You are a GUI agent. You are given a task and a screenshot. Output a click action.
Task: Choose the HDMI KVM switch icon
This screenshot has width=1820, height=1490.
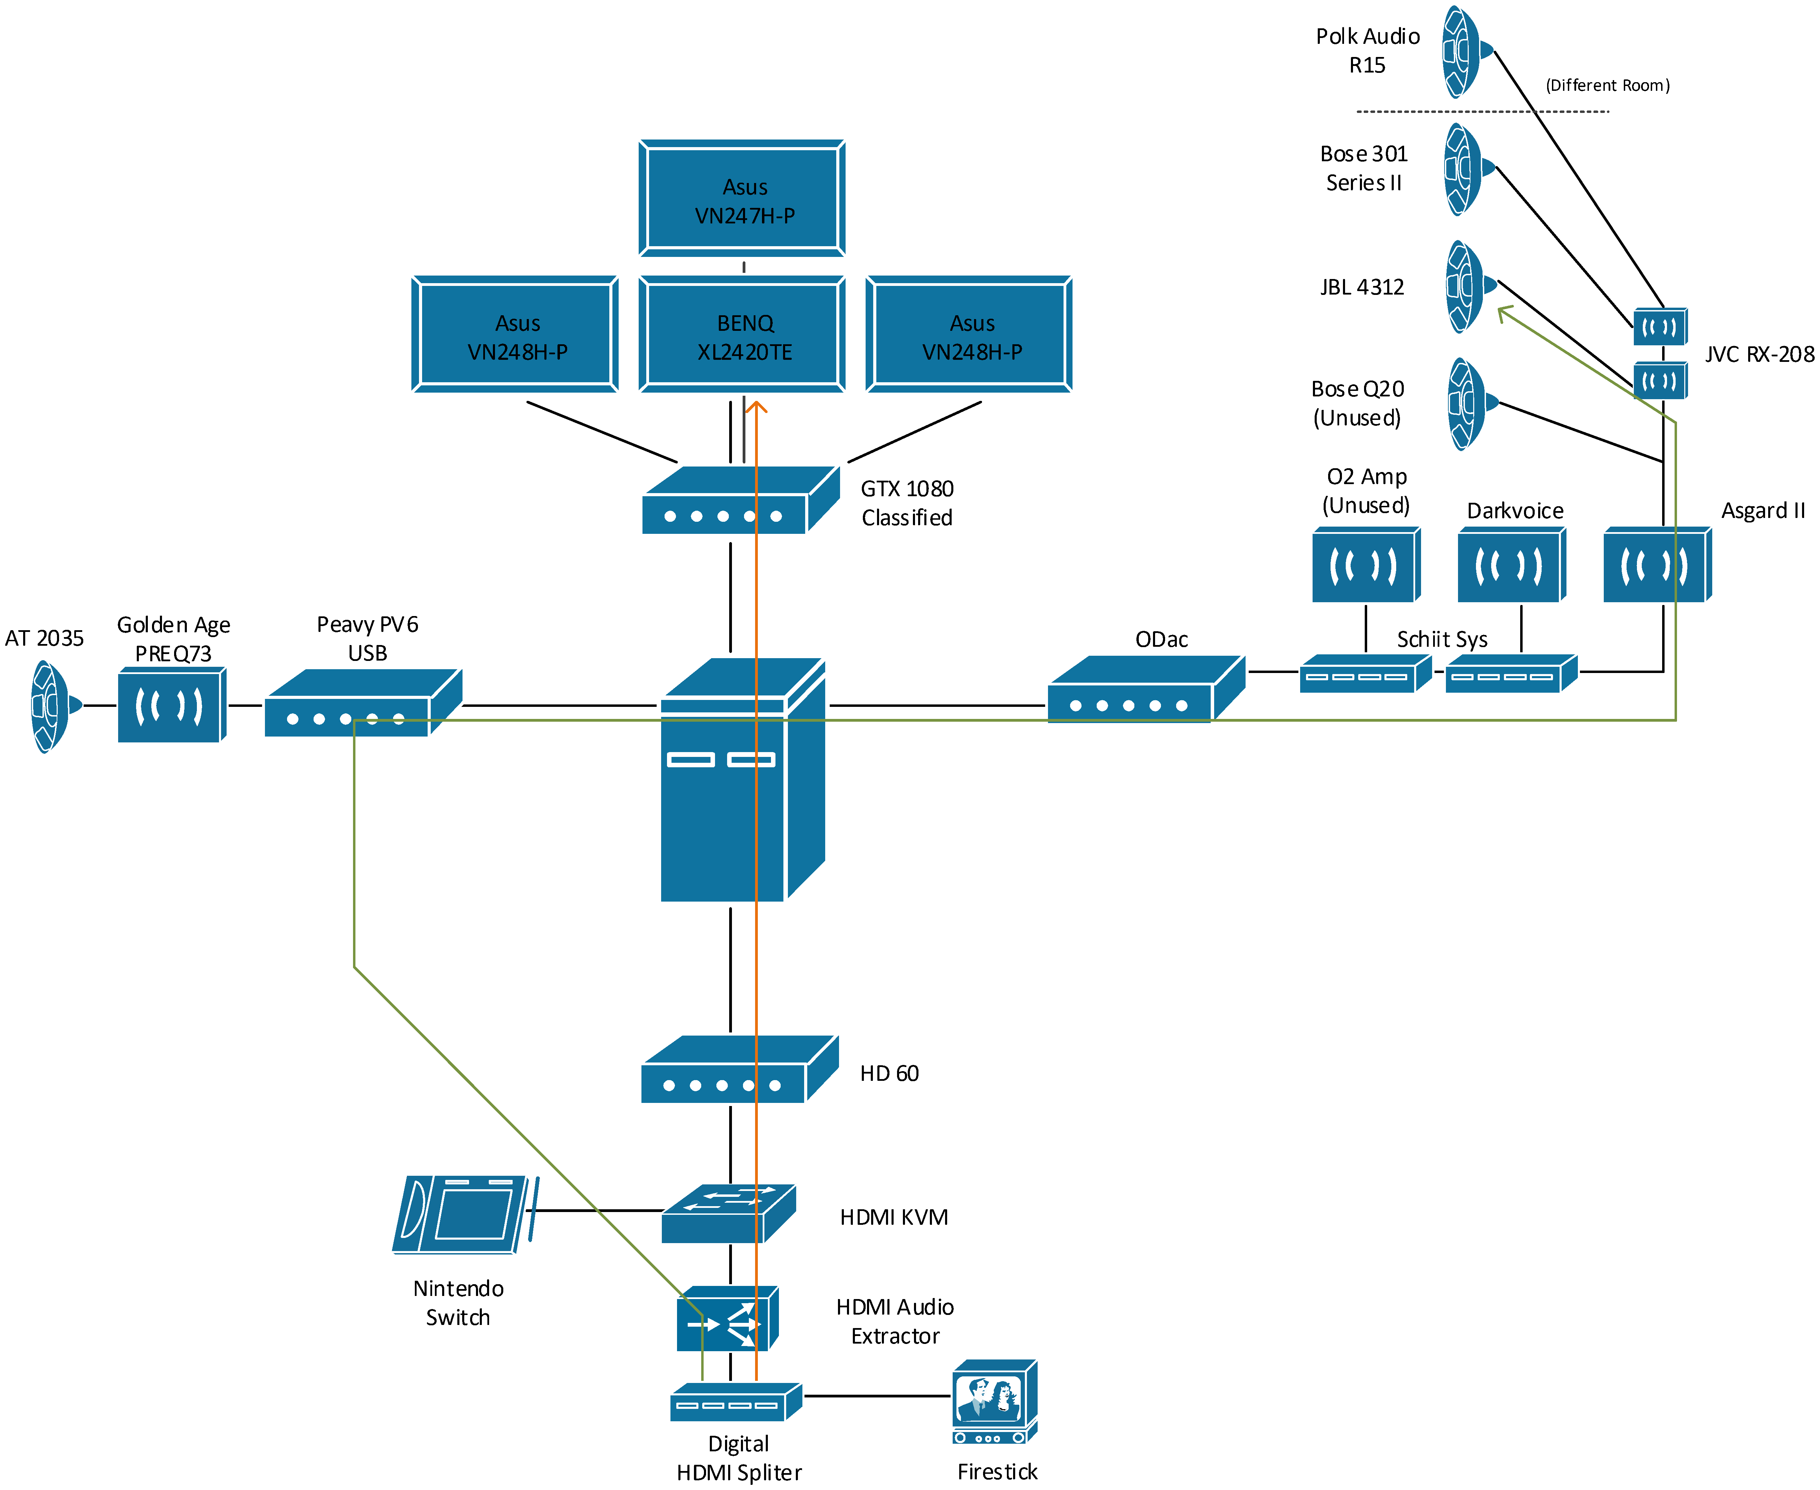[729, 1214]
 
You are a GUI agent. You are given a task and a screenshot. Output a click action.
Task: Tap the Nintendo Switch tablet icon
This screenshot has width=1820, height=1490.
[465, 1214]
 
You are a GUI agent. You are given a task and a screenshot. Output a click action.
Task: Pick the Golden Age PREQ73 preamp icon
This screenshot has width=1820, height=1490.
[172, 705]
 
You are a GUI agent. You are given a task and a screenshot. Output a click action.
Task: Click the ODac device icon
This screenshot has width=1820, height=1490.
[1146, 689]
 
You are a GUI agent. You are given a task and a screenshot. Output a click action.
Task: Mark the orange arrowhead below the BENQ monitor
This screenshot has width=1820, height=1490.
[755, 407]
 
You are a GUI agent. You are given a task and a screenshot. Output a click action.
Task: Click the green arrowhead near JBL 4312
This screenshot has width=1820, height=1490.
[1504, 314]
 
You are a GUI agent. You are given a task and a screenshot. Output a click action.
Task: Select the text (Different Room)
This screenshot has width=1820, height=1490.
[1607, 85]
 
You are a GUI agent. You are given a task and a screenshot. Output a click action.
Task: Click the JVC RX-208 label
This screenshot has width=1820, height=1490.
[1759, 355]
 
